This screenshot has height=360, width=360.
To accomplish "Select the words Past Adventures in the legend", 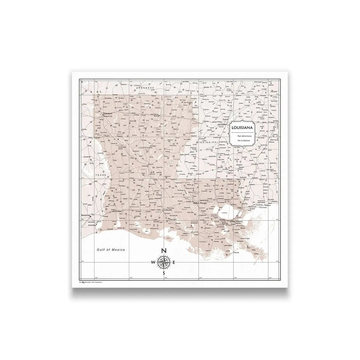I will [x=242, y=136].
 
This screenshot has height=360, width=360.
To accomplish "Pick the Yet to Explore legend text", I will [x=242, y=140].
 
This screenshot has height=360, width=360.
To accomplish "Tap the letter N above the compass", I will [x=164, y=251].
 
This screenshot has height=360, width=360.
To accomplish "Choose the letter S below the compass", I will [x=164, y=273].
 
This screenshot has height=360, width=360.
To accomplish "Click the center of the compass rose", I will [x=164, y=262].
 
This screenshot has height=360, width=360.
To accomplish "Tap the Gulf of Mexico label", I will [x=111, y=250].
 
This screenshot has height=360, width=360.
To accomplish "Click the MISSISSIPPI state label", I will [x=206, y=141].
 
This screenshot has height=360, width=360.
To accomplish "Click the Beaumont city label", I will [x=85, y=215].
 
